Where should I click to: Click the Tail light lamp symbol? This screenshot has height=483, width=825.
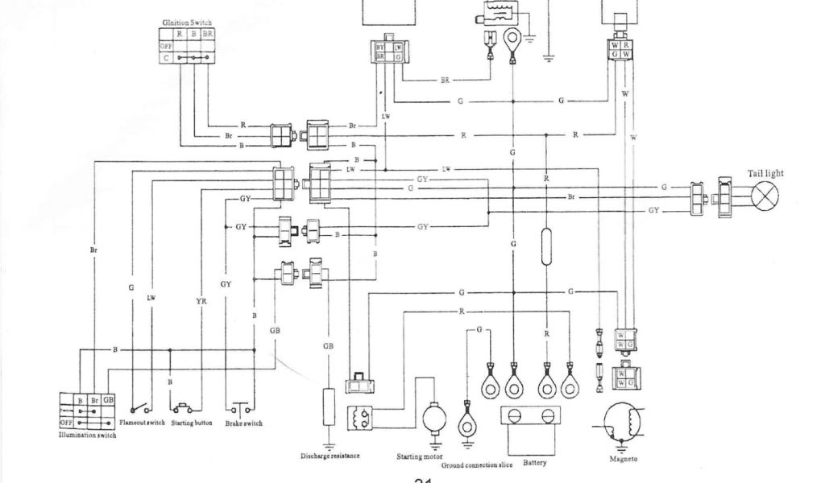click(766, 196)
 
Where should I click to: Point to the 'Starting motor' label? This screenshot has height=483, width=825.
click(419, 456)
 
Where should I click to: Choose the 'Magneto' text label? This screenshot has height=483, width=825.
click(624, 460)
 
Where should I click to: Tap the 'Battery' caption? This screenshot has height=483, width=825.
click(536, 464)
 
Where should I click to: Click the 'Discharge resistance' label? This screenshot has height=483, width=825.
click(330, 456)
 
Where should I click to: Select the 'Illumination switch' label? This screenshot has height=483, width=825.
click(88, 436)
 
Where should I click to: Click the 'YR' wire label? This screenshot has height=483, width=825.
click(201, 302)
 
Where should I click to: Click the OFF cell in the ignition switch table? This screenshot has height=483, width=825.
click(166, 47)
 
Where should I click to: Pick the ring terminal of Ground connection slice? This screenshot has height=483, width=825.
click(466, 423)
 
